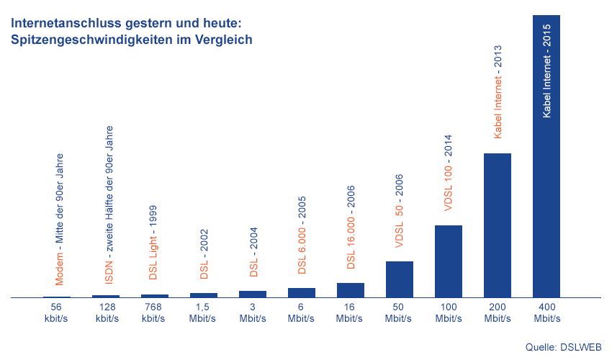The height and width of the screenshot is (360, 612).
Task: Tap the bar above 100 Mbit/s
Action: click(448, 261)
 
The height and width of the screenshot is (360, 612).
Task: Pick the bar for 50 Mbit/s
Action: click(399, 279)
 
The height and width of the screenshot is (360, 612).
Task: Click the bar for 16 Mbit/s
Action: click(350, 289)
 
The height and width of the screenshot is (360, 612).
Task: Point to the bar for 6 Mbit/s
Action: click(301, 292)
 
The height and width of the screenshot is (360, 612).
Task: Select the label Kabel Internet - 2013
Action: click(498, 91)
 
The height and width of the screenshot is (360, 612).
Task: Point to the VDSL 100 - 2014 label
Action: click(448, 173)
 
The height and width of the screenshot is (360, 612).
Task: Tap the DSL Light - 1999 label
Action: click(153, 242)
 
